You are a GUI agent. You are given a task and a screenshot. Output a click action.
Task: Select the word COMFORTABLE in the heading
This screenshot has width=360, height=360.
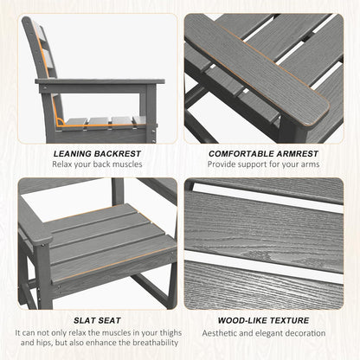coord(241,154)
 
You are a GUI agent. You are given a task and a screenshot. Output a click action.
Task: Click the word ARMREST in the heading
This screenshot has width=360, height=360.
coord(298,154)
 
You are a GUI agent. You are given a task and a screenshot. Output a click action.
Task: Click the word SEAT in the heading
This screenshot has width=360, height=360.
coord(109,320)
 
